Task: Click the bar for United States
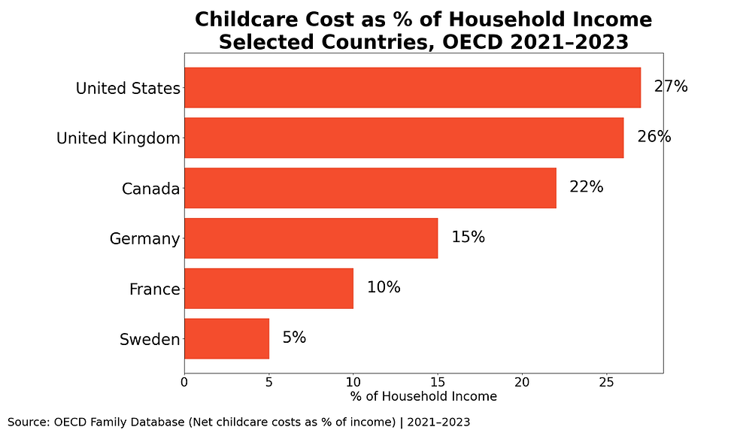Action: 412,88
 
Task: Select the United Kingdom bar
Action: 404,138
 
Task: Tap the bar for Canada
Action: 370,188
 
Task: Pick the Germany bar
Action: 311,238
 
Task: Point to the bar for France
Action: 268,289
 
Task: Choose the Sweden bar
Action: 226,338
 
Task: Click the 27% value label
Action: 671,86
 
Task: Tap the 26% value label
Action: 654,137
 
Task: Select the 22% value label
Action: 587,187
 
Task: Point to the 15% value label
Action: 468,238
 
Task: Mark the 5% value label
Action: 294,338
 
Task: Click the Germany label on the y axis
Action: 144,239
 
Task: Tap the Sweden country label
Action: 150,340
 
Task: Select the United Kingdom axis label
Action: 118,138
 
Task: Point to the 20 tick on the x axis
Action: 523,382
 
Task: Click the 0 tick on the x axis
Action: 184,382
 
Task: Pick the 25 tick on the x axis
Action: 607,382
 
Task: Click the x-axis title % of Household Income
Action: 423,396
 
